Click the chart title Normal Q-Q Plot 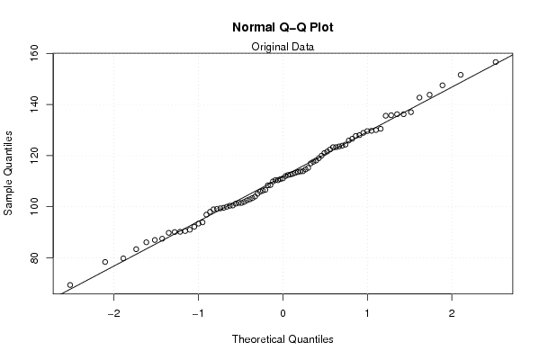[x=283, y=27]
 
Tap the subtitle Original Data [x=283, y=47]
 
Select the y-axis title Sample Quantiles [x=8, y=173]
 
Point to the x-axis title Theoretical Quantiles [x=283, y=339]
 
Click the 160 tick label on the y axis [x=34, y=54]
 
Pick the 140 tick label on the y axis [x=34, y=104]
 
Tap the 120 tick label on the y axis [x=34, y=156]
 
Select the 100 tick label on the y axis [x=34, y=206]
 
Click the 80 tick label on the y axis [x=34, y=257]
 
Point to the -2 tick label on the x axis [x=113, y=313]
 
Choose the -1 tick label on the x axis [x=198, y=313]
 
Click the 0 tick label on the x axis [x=283, y=313]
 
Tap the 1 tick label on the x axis [x=367, y=313]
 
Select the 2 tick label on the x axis [x=452, y=313]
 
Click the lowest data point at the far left [x=70, y=285]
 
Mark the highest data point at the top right [x=496, y=62]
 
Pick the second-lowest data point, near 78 [x=105, y=262]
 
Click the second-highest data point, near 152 [x=461, y=75]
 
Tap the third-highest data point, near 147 [x=443, y=85]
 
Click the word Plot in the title [x=321, y=27]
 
